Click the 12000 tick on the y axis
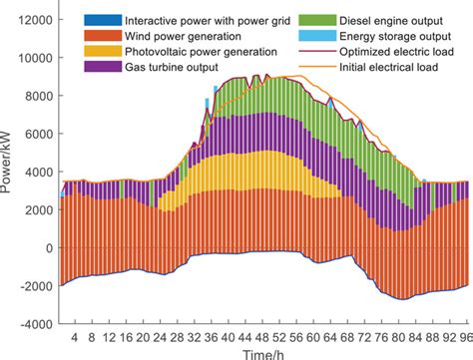[x=34, y=20]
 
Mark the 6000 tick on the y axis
[x=38, y=134]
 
